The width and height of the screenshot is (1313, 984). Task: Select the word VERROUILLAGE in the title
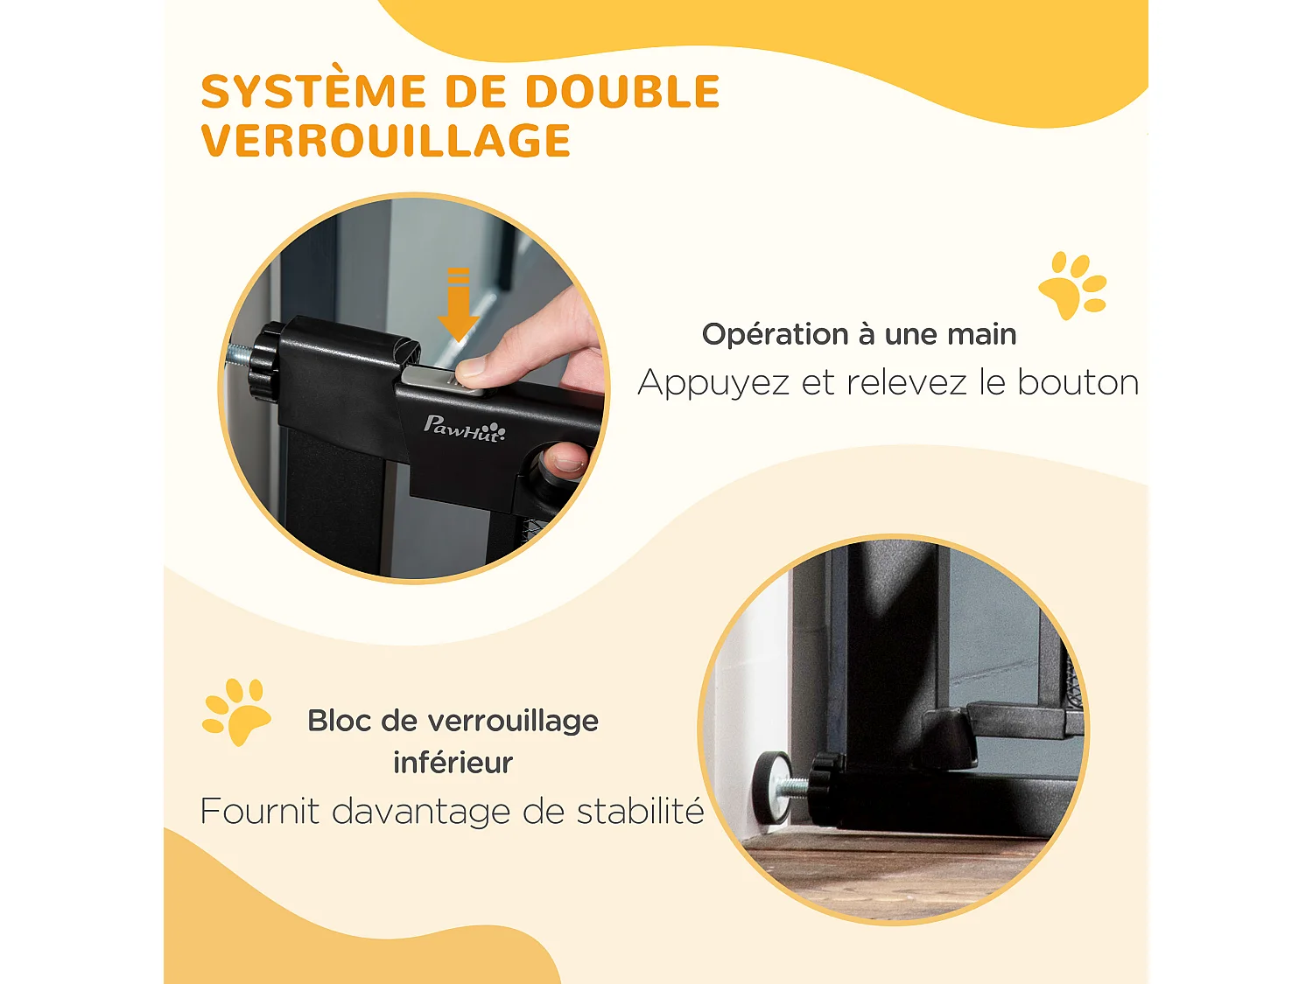[x=386, y=142]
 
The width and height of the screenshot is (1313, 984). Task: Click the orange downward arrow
[x=458, y=306]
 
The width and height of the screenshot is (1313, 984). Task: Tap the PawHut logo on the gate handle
[x=464, y=428]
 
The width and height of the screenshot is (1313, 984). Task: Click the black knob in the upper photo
[x=263, y=359]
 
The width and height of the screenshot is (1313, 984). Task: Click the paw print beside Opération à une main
[x=1072, y=286]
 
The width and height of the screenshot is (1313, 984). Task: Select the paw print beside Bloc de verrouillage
[x=235, y=711]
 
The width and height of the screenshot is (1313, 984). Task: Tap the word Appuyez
[x=713, y=383]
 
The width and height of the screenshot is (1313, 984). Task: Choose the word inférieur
[x=453, y=763]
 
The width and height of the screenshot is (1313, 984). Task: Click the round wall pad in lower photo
[x=769, y=787]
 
